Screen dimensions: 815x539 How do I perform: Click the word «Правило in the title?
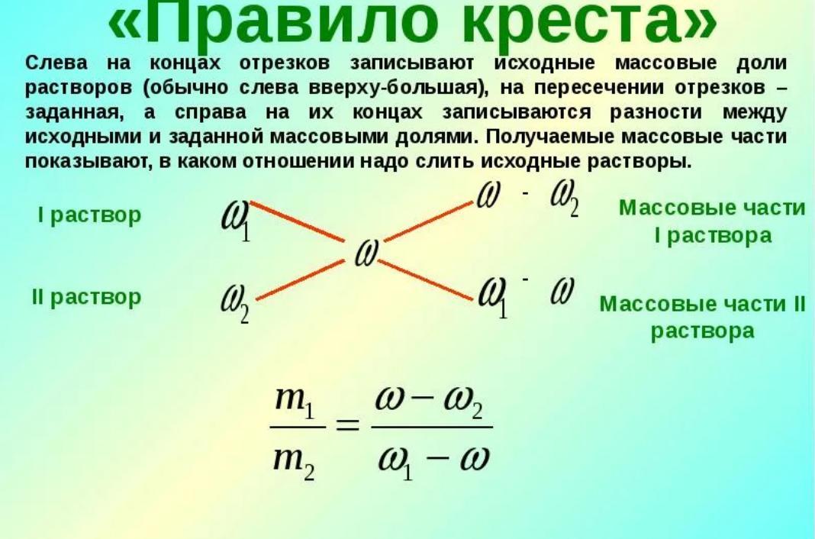(271, 24)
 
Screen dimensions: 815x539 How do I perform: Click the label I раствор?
(89, 215)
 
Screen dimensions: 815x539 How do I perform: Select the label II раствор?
(86, 297)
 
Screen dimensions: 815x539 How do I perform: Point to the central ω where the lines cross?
(366, 253)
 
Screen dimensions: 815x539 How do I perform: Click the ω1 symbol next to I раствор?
(236, 221)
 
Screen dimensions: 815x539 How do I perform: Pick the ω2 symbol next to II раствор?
(235, 304)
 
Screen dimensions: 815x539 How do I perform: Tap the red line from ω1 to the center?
(298, 221)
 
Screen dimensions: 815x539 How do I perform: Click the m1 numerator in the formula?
(295, 402)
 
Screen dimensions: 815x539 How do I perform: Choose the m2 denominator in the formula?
(295, 463)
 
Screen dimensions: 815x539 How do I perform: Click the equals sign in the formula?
(348, 426)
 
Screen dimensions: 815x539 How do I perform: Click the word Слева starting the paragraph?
(56, 63)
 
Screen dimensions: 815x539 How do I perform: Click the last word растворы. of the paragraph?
(639, 162)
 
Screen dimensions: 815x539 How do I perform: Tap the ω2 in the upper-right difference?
(565, 198)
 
